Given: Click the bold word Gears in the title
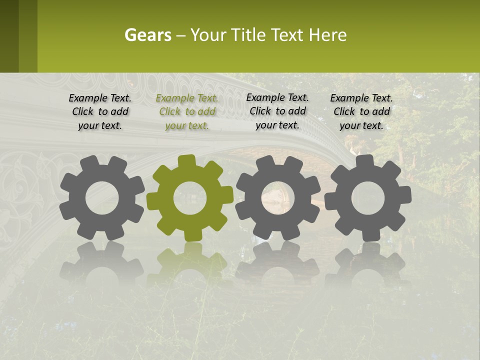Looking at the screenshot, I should pyautogui.click(x=147, y=35).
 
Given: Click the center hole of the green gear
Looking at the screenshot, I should pyautogui.click(x=189, y=198).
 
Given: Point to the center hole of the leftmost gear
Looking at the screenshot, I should pyautogui.click(x=102, y=198).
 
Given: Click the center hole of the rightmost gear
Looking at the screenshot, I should pyautogui.click(x=367, y=198).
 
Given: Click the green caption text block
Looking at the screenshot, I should pyautogui.click(x=187, y=111).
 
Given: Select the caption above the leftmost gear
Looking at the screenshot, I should pyautogui.click(x=100, y=111).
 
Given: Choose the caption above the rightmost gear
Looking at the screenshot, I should pyautogui.click(x=361, y=111).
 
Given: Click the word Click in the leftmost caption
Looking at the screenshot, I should pyautogui.click(x=83, y=111).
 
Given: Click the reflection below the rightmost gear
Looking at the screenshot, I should pyautogui.click(x=367, y=265).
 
